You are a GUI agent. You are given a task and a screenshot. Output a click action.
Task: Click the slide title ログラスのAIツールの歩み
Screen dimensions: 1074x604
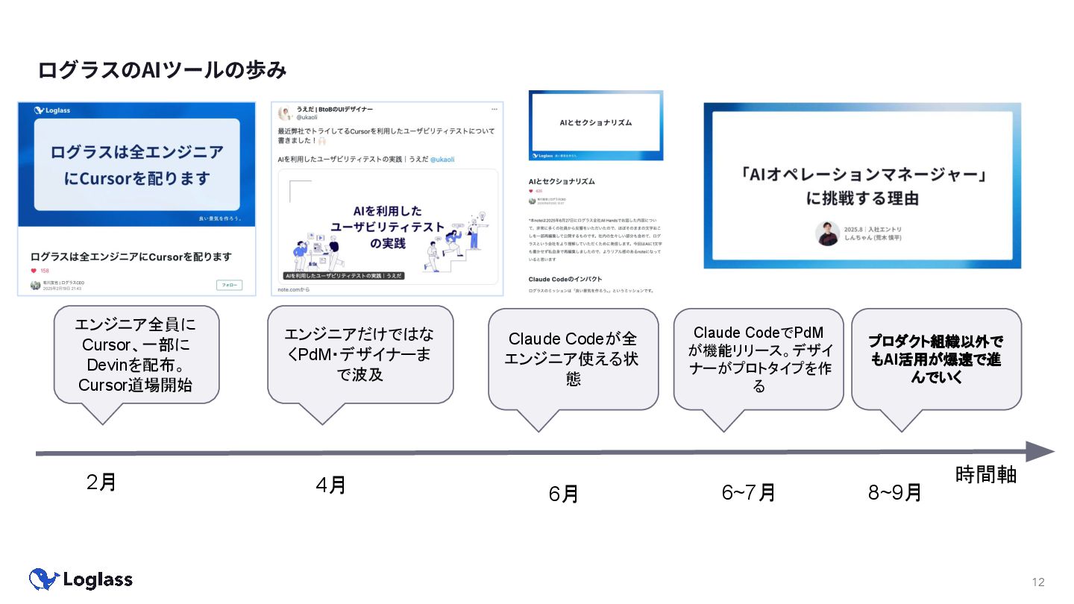(162, 70)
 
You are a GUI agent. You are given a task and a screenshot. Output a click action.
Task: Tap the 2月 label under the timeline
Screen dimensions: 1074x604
(101, 482)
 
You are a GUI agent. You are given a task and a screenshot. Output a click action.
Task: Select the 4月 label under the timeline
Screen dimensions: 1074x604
(330, 485)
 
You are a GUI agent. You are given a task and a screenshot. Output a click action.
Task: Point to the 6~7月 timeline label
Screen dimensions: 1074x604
(748, 492)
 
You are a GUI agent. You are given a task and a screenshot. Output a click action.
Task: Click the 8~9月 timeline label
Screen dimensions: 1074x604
(894, 492)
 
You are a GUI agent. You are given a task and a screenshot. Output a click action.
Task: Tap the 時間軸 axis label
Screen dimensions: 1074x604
(985, 474)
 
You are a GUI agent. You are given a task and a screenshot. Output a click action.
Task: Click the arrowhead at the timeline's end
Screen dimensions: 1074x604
(1040, 452)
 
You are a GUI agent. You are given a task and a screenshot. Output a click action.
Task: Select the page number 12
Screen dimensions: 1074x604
(1038, 582)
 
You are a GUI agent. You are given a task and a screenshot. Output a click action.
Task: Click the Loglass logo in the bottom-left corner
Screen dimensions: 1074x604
(81, 579)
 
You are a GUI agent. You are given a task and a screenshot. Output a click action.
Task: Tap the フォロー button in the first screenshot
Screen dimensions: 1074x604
(229, 285)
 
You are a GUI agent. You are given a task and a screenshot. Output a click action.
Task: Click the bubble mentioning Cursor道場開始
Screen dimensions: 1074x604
(136, 355)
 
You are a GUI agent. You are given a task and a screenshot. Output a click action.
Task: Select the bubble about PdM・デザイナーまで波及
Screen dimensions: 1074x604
(360, 353)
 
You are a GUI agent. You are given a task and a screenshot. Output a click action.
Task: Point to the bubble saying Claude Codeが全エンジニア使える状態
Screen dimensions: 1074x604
(573, 359)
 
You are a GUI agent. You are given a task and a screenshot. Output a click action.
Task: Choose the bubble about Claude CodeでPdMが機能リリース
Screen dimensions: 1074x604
(758, 359)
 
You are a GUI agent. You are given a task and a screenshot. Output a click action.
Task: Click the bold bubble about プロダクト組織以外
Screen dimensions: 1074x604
(935, 359)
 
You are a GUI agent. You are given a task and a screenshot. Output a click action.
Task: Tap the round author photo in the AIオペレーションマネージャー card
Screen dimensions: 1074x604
(827, 233)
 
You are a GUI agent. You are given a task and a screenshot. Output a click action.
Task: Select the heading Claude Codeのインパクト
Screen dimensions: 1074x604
(565, 279)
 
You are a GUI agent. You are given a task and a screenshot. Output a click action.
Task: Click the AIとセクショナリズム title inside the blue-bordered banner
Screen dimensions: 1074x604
(595, 122)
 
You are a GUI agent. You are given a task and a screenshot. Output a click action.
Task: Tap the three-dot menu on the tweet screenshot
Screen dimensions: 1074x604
(493, 110)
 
